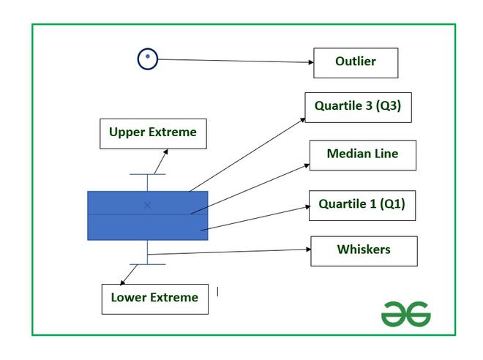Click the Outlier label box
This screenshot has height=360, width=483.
pyautogui.click(x=356, y=63)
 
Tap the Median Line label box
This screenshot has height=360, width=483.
pyautogui.click(x=363, y=156)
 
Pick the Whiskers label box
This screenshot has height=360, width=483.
pyautogui.click(x=364, y=251)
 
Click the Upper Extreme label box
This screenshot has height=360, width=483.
pyautogui.click(x=153, y=134)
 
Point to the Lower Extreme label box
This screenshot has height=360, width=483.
pyautogui.click(x=155, y=299)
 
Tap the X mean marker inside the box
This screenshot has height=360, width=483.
pyautogui.click(x=147, y=205)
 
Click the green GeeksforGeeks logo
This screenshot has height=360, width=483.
pyautogui.click(x=406, y=314)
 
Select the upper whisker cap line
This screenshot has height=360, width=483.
pyautogui.click(x=148, y=174)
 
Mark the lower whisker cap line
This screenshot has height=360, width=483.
pyautogui.click(x=148, y=264)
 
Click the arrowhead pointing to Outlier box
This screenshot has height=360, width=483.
pyautogui.click(x=311, y=62)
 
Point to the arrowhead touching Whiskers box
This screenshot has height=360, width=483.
pyautogui.click(x=308, y=249)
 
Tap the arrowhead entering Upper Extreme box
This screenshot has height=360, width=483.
pyautogui.click(x=165, y=151)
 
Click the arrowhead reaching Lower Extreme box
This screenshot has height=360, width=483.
pyautogui.click(x=122, y=282)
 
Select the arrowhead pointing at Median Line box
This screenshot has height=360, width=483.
pyautogui.click(x=307, y=165)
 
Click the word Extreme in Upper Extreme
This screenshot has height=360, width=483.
pyautogui.click(x=173, y=132)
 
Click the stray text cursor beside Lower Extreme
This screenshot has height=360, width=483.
pyautogui.click(x=218, y=292)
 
